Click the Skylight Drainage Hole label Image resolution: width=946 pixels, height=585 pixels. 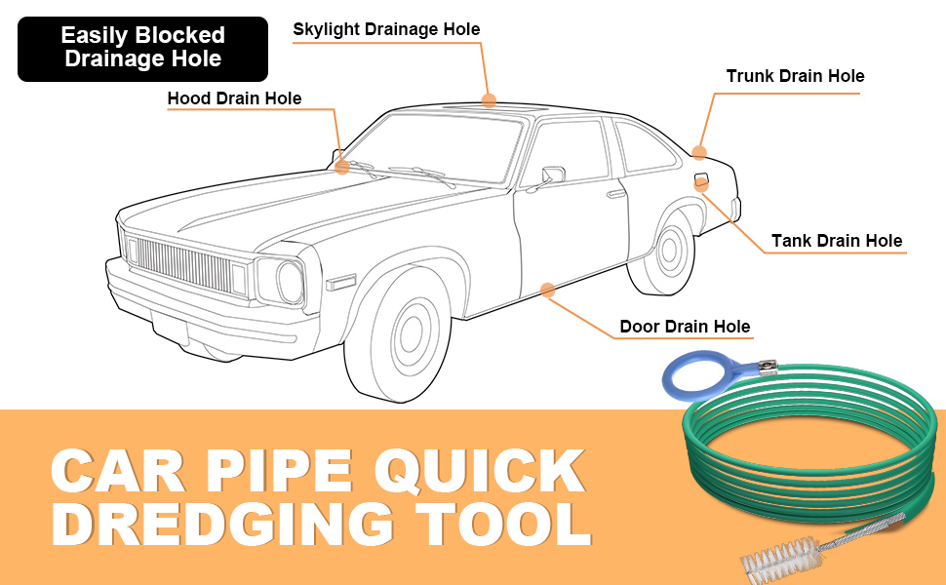pyautogui.click(x=386, y=29)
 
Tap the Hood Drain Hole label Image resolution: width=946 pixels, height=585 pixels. pyautogui.click(x=234, y=98)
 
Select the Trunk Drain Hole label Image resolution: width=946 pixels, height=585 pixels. pyautogui.click(x=795, y=76)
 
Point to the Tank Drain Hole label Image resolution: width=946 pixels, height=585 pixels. pyautogui.click(x=836, y=241)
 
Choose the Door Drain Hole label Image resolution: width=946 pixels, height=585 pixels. pyautogui.click(x=685, y=327)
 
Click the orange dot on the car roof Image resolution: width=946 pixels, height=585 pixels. pyautogui.click(x=489, y=100)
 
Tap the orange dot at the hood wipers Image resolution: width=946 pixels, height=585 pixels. pyautogui.click(x=342, y=167)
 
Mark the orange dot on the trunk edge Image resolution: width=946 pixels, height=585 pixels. pyautogui.click(x=699, y=152)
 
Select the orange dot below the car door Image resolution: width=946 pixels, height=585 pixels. pyautogui.click(x=547, y=290)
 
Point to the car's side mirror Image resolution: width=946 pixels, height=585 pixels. pyautogui.click(x=553, y=175)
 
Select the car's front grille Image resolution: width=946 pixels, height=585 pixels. pyautogui.click(x=179, y=264)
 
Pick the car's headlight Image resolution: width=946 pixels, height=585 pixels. pyautogui.click(x=289, y=280)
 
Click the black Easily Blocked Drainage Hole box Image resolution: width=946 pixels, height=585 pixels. pyautogui.click(x=142, y=48)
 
